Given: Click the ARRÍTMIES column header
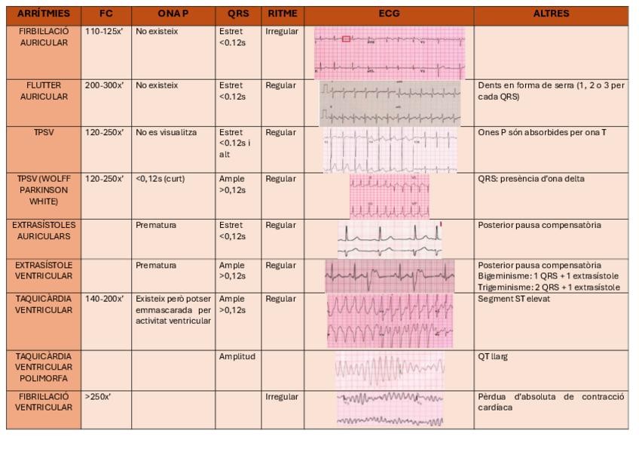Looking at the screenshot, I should point(43,14).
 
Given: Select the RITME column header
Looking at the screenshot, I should point(283,14).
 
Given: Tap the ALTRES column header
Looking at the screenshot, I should point(551,14).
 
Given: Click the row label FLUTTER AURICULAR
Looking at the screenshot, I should point(43,91).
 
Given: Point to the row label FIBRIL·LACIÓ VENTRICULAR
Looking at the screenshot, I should point(43,401).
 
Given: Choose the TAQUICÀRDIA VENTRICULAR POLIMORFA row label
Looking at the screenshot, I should point(43,367).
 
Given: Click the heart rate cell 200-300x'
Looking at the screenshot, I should point(104,86).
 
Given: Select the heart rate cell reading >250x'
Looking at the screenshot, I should point(98,397).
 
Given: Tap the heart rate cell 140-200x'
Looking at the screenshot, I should point(104,300).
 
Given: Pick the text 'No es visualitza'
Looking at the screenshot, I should point(166,133).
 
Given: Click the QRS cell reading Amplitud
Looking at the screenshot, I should point(237,357).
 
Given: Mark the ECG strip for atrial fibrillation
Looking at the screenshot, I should point(389,53).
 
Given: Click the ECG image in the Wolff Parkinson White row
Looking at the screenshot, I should point(389,195).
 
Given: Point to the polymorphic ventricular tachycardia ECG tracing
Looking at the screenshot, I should point(389,369).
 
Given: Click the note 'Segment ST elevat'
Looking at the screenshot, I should point(514,300).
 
